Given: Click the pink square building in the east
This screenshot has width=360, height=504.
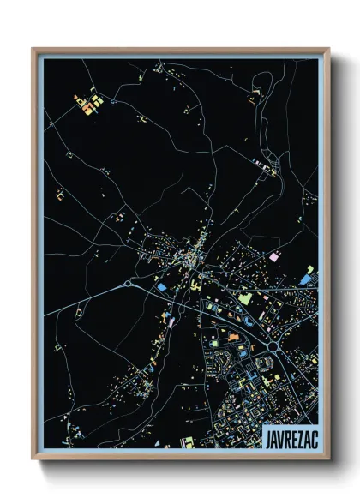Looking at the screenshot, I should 275,256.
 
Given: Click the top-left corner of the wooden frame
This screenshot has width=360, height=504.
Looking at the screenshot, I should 33,48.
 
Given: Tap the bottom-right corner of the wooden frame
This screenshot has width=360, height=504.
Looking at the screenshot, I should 329,460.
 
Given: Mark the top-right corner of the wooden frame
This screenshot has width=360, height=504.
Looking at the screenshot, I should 329,48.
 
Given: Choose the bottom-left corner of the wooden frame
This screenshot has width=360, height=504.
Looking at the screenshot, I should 33,460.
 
